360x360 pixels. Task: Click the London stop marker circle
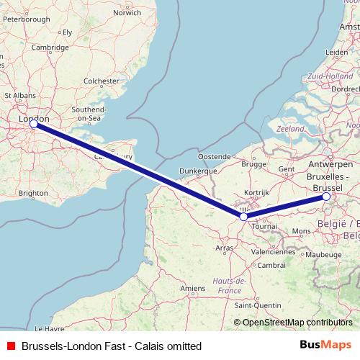pyautogui.click(x=33, y=124)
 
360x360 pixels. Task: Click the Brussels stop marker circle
pyautogui.click(x=326, y=196)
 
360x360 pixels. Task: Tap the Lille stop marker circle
pyautogui.click(x=243, y=216)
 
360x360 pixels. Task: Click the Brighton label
pyautogui.click(x=33, y=193)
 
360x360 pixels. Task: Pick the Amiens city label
pyautogui.click(x=192, y=288)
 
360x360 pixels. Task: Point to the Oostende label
pyautogui.click(x=215, y=156)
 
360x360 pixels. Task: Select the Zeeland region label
pyautogui.click(x=290, y=128)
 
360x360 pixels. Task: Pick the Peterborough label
pyautogui.click(x=25, y=19)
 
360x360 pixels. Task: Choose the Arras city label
pyautogui.click(x=225, y=248)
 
